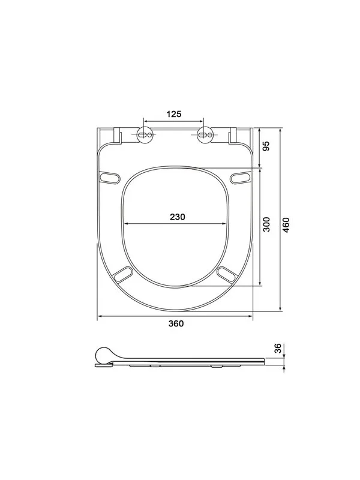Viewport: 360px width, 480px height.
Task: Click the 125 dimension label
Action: (174, 114)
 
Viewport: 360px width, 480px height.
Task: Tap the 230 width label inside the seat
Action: (178, 217)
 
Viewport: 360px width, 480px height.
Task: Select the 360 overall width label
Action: (176, 323)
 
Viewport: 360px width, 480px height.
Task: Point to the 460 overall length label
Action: (286, 224)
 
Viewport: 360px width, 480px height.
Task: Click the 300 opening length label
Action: (266, 224)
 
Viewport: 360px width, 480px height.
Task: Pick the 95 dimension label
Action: (266, 146)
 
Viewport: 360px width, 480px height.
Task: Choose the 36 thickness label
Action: (277, 348)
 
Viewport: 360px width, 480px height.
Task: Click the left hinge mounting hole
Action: (145, 134)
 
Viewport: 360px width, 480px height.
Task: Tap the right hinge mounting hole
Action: (205, 134)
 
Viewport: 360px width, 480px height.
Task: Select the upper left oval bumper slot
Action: (110, 178)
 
